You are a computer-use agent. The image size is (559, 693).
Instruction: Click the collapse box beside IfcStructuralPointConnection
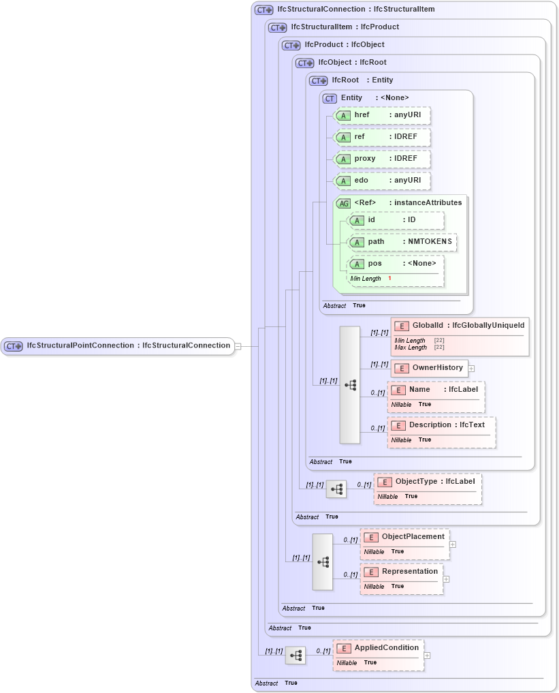tap(238, 346)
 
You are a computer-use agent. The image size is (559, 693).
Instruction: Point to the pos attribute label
tap(375, 264)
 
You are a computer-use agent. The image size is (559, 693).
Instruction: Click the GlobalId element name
tap(428, 326)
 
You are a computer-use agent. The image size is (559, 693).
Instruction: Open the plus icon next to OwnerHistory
tap(471, 368)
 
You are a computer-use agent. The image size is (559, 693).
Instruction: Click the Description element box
tap(441, 425)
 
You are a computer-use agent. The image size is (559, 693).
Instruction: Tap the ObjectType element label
tap(416, 482)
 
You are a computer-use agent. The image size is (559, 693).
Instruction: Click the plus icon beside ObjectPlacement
tap(453, 544)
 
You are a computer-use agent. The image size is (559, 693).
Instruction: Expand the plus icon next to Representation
tap(447, 579)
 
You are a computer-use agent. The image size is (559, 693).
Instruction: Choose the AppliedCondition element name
tap(386, 648)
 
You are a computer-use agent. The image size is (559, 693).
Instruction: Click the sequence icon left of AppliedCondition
tap(296, 656)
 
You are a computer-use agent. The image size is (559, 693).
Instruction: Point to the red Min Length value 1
tap(390, 279)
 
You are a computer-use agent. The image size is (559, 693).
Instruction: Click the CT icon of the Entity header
tap(330, 98)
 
